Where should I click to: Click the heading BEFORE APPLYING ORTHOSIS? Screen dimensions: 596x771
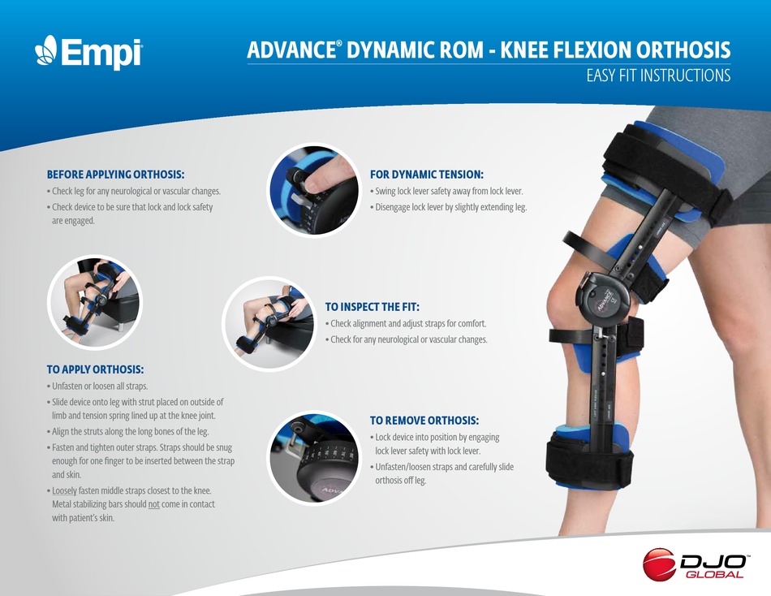[x=115, y=175]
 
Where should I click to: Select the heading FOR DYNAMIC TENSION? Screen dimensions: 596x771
[x=427, y=175]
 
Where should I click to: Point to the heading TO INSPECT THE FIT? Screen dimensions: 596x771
[x=372, y=307]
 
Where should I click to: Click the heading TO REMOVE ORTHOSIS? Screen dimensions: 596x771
[x=424, y=421]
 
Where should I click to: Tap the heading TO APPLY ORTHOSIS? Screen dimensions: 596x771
[x=95, y=369]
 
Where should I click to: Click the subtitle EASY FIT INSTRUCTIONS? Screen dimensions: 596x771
[x=658, y=76]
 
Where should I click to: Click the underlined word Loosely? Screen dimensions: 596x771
[x=64, y=490]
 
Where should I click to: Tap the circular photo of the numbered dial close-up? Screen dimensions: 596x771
[x=315, y=458]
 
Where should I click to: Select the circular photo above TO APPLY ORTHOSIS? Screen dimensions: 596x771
[x=95, y=303]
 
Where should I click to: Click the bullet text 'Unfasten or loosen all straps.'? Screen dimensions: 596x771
[x=99, y=386]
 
